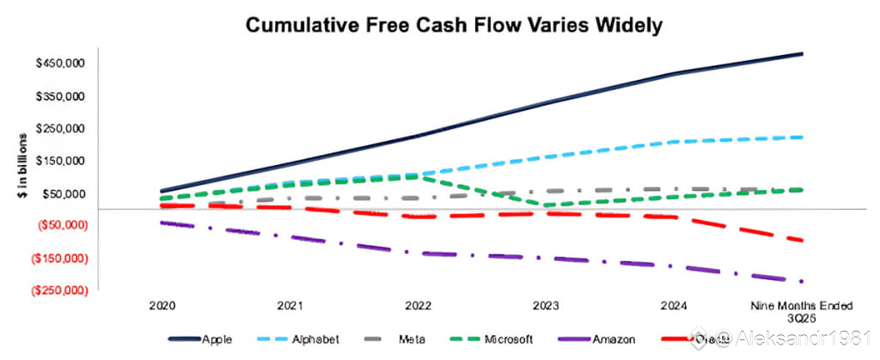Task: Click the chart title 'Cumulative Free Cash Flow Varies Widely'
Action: (454, 25)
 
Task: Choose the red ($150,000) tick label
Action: (60, 258)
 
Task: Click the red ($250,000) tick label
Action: (60, 290)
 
